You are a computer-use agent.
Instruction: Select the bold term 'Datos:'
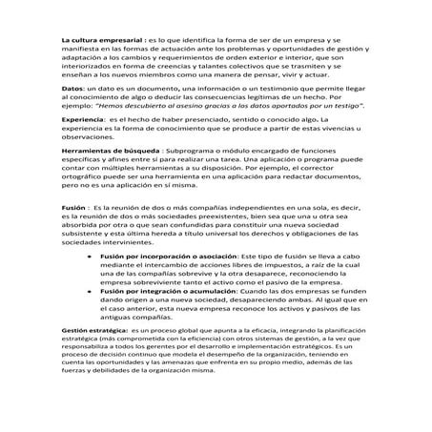(x=72, y=88)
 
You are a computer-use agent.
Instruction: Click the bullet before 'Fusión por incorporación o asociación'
(x=89, y=257)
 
